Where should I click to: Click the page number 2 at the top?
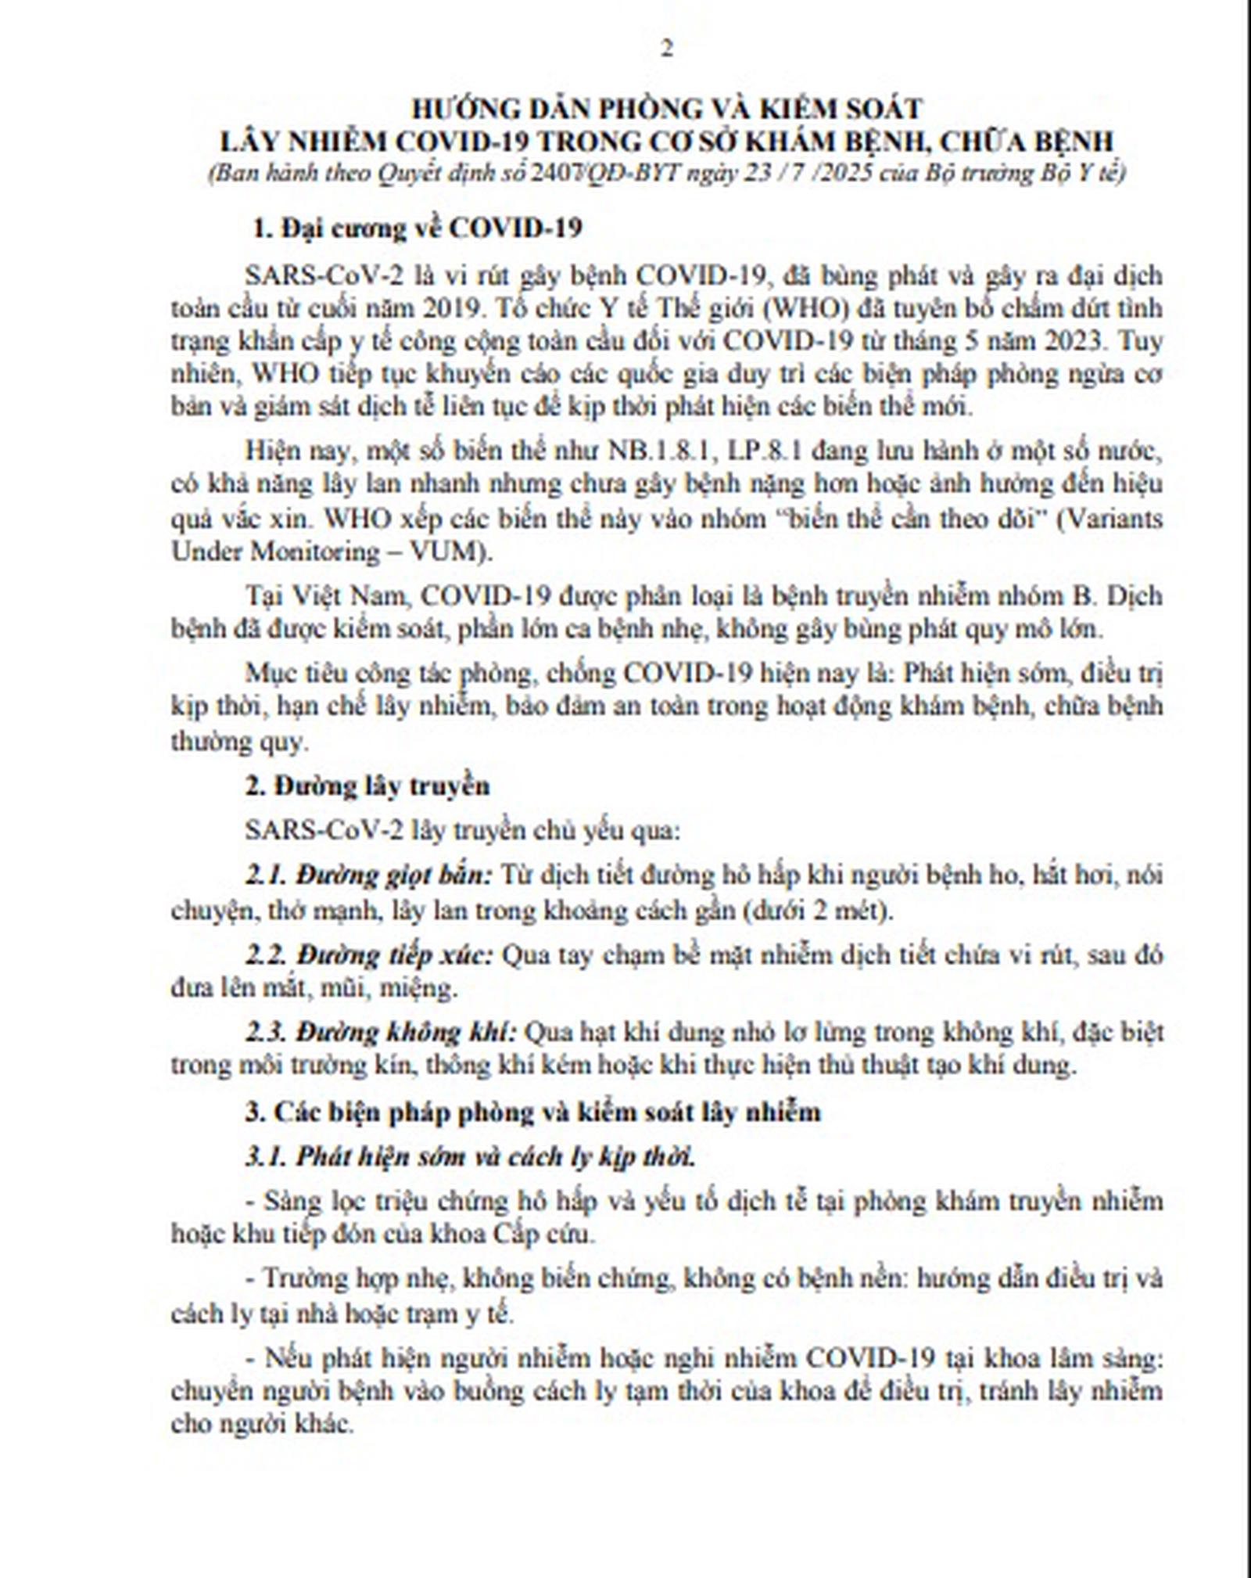point(666,49)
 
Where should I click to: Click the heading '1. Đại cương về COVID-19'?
point(417,228)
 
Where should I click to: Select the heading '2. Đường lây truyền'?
point(367,785)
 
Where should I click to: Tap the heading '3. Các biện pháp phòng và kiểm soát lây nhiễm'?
point(533,1112)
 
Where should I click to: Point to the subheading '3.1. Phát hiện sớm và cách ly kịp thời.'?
point(470,1157)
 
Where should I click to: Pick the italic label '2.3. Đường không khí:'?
point(381,1033)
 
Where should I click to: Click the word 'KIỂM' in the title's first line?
point(722,108)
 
